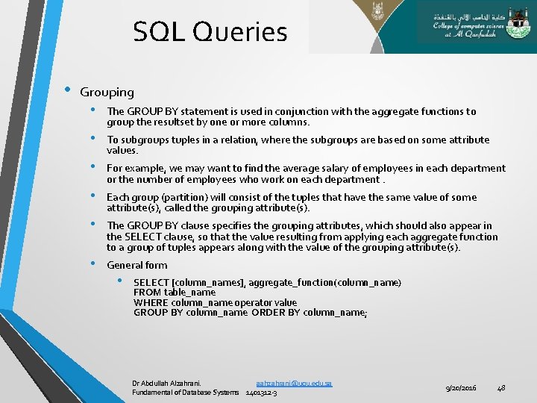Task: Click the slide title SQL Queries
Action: click(210, 32)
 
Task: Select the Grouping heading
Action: click(107, 93)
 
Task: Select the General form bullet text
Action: click(137, 265)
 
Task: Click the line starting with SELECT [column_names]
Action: click(267, 282)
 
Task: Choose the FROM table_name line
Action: click(175, 293)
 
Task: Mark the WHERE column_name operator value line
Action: click(215, 302)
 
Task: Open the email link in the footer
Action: click(294, 383)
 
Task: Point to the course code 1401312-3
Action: click(261, 393)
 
